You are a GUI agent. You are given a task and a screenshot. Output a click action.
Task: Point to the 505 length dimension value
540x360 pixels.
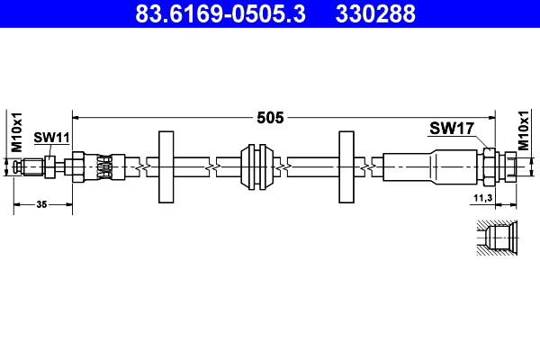270,117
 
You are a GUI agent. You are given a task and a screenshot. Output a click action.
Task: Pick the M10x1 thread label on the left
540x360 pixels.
15,132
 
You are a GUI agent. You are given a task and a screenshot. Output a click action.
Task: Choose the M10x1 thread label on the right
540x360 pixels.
524,131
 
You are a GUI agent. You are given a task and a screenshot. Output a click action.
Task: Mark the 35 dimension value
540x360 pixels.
41,205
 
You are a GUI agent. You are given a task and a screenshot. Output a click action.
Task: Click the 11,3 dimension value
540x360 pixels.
483,196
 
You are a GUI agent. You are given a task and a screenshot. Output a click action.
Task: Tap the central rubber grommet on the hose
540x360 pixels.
257,167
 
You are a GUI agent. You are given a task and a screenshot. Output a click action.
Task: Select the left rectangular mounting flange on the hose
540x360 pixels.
166,167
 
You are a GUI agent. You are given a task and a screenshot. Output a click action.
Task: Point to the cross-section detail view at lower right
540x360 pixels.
495,239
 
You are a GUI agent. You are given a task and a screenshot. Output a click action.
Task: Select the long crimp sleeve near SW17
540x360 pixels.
430,167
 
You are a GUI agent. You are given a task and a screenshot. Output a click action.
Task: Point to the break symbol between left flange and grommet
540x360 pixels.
210,167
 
